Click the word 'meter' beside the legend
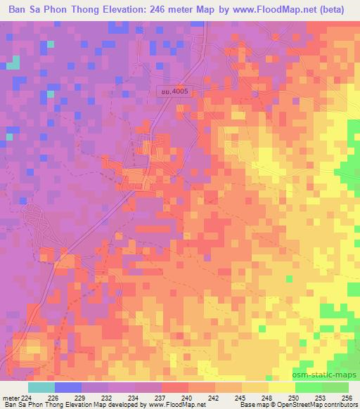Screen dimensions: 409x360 tap(11, 397)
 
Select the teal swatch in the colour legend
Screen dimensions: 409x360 tap(41, 387)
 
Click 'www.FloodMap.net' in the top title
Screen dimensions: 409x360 tap(263, 9)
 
